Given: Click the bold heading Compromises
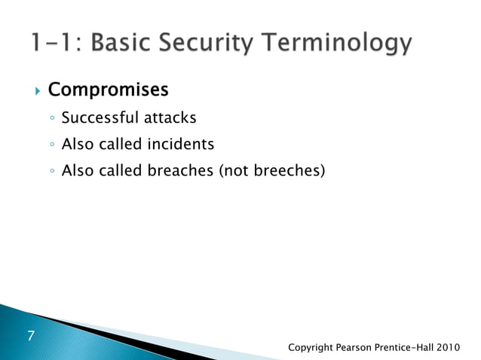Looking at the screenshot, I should pyautogui.click(x=108, y=90).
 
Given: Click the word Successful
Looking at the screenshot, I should pyautogui.click(x=96, y=117).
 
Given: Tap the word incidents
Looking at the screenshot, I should pyautogui.click(x=176, y=144).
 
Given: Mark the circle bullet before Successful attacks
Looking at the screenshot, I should pyautogui.click(x=50, y=118).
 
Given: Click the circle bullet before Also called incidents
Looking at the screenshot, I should pyautogui.click(x=50, y=145).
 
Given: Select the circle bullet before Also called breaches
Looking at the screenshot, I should pyautogui.click(x=50, y=172).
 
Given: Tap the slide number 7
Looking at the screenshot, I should pyautogui.click(x=31, y=335).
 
